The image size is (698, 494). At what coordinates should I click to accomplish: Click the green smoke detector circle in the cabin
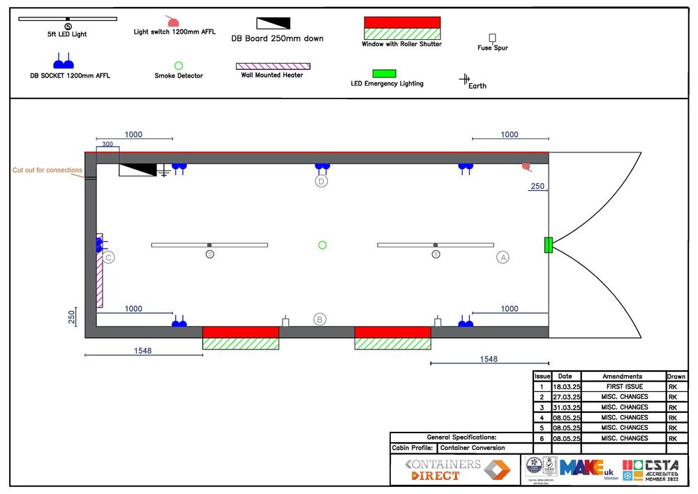322,245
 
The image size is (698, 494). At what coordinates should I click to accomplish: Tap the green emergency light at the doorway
549,245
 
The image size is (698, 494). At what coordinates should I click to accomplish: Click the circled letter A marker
503,257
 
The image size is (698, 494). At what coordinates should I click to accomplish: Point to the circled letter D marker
321,182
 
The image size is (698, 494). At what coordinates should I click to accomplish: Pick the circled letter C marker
108,257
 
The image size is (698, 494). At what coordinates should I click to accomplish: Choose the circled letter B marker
320,319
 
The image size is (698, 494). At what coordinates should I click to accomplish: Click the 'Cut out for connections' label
47,170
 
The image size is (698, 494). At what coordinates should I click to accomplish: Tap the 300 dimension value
107,145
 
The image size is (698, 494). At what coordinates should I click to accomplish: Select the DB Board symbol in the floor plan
137,169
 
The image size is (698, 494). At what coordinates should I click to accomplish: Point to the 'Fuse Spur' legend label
492,48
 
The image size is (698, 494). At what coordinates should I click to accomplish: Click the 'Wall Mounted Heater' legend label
272,75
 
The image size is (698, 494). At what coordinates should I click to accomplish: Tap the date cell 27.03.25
566,397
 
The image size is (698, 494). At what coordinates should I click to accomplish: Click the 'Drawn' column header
676,376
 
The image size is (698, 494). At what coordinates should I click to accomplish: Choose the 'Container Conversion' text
473,448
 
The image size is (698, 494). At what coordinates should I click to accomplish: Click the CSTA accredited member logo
655,469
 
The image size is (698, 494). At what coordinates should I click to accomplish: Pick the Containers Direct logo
454,470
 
